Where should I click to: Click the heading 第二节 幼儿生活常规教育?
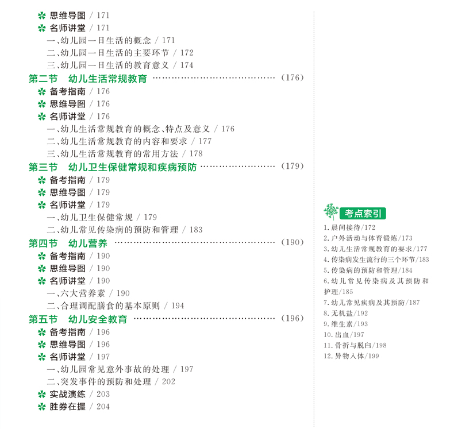[x=88, y=79]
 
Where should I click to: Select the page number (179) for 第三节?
[x=293, y=167]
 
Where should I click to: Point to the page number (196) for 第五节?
[x=293, y=319]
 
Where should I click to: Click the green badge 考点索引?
[x=363, y=213]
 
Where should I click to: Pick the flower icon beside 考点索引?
[x=331, y=212]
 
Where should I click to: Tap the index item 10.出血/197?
[x=344, y=335]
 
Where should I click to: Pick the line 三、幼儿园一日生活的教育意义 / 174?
[x=120, y=65]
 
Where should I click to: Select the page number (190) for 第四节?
[x=293, y=242]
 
